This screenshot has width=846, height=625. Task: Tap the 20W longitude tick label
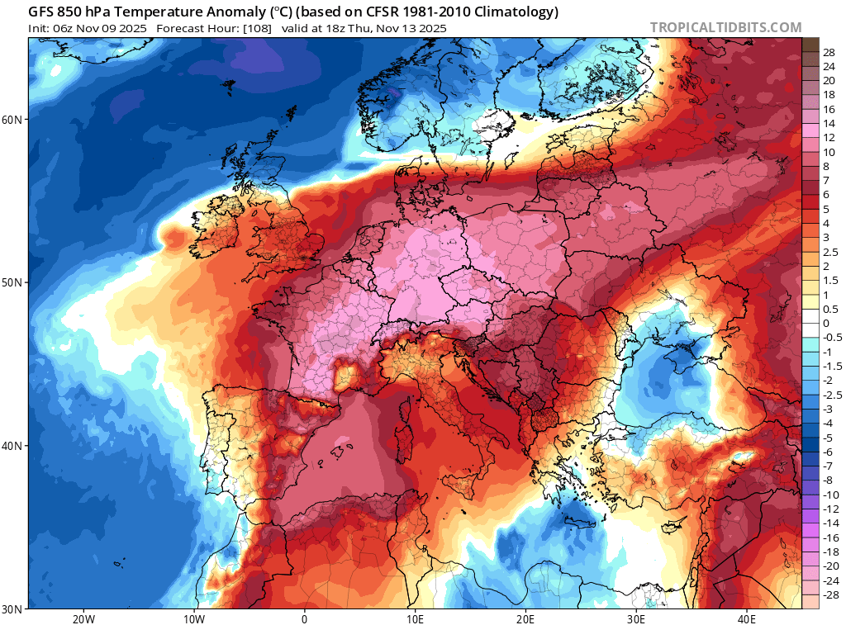tap(83, 618)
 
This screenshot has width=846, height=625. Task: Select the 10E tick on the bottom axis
tap(415, 618)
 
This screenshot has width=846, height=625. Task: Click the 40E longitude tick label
tap(746, 618)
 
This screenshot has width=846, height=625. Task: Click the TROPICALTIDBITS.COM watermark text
tap(725, 28)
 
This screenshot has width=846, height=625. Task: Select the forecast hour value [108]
tap(257, 28)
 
